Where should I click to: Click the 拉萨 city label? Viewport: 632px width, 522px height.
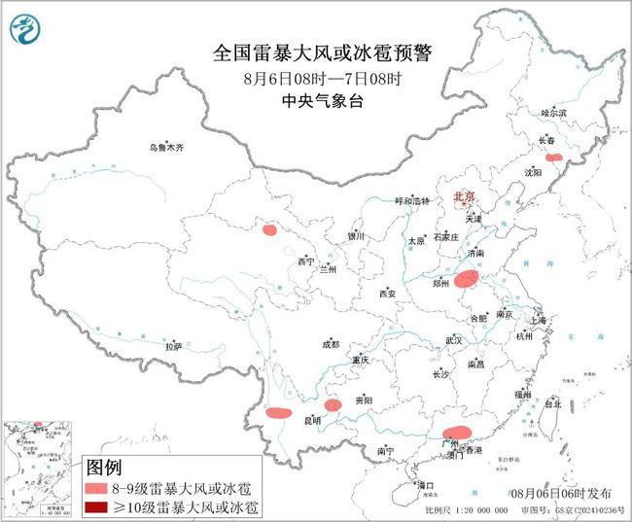click(173, 346)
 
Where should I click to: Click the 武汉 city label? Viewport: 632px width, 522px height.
click(453, 340)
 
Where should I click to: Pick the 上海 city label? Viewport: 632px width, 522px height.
click(540, 319)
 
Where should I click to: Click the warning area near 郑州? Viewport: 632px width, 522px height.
click(467, 280)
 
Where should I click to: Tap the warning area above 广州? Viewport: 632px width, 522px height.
click(456, 434)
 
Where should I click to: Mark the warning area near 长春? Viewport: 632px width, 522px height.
click(553, 157)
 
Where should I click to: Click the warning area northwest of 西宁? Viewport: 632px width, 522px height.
click(268, 230)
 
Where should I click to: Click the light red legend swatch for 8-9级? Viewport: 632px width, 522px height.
click(103, 487)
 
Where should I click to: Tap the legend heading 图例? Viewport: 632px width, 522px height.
click(105, 468)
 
